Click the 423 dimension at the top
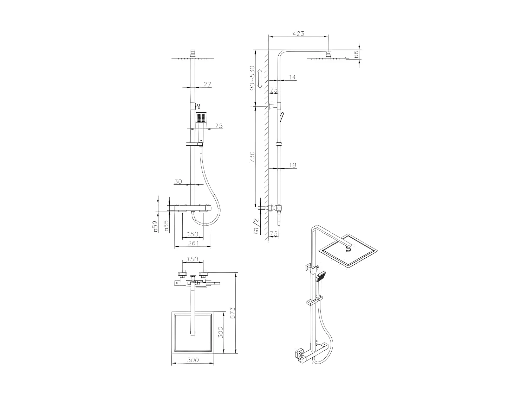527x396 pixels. coord(298,33)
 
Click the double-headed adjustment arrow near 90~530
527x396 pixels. coord(260,79)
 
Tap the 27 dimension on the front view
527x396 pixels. coord(207,84)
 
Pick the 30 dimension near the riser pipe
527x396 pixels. coord(178,181)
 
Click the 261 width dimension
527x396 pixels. coord(193,243)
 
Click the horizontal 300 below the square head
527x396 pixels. coord(193,360)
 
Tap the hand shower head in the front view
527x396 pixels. coord(201,118)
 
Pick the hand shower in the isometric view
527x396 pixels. coord(321,277)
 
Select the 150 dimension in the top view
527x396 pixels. coord(193,259)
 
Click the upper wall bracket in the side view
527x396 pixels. coord(273,106)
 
